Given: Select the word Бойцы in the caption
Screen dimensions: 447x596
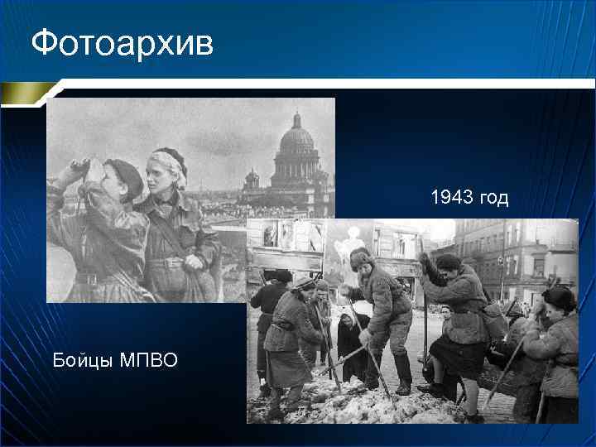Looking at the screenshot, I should pos(80,360).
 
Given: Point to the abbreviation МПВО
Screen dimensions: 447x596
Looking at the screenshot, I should pos(149,360).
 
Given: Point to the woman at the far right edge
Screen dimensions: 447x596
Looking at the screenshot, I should pos(560,348).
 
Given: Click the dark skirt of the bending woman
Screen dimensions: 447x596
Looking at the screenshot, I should pos(459,356).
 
